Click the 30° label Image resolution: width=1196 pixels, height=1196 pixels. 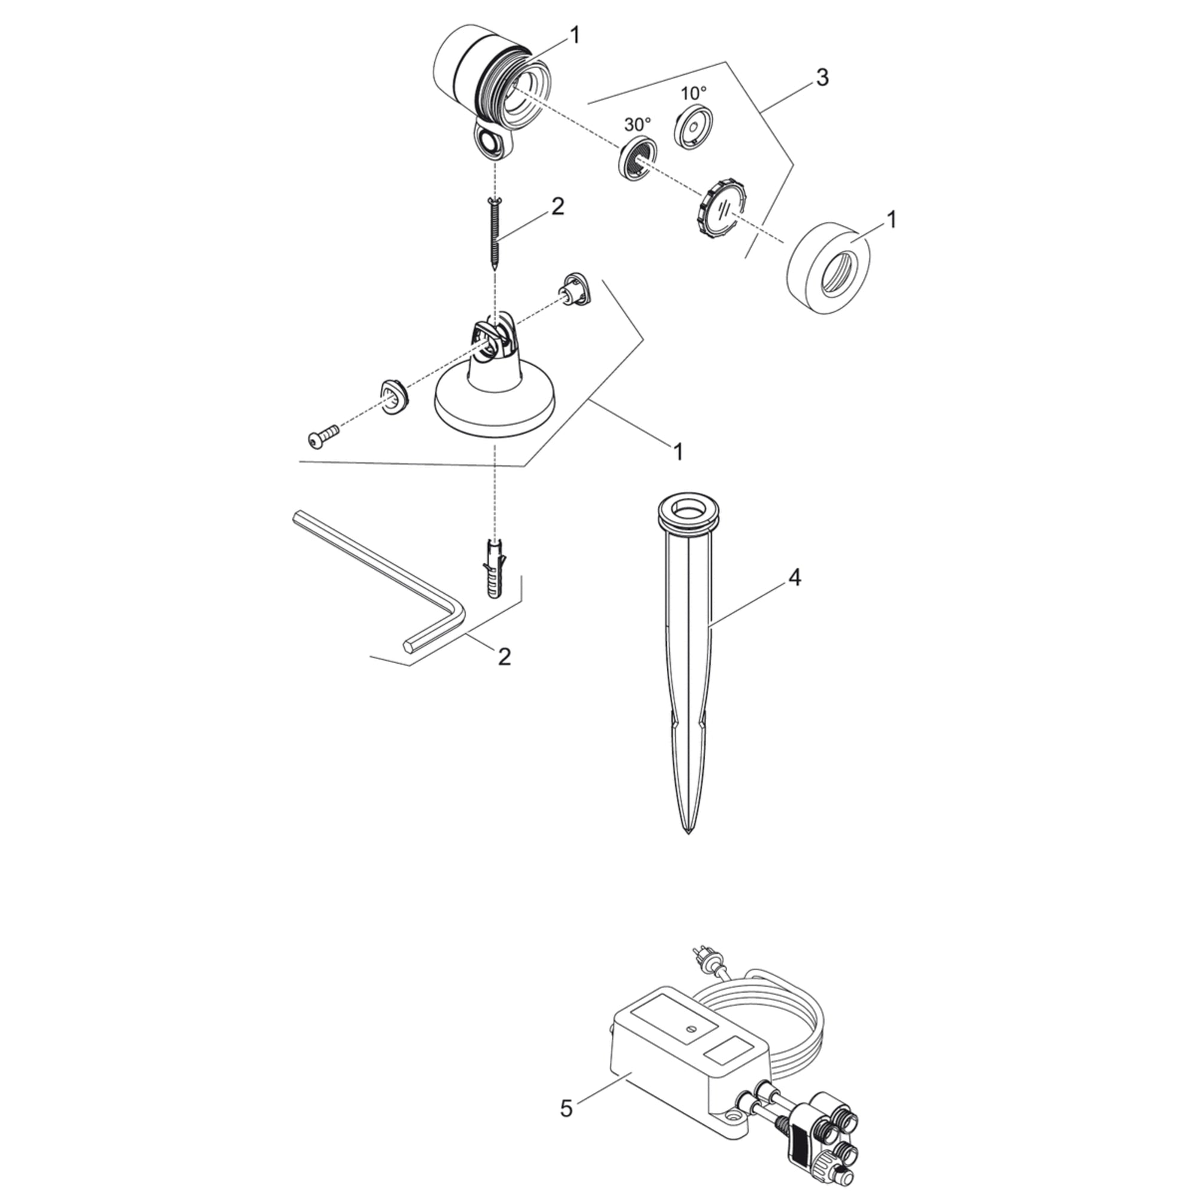coord(637,124)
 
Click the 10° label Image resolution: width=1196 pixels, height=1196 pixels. coord(693,93)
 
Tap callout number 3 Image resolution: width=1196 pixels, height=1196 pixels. coord(822,78)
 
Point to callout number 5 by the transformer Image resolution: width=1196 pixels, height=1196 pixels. coord(566,1107)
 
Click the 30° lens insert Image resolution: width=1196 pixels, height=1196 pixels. coord(637,160)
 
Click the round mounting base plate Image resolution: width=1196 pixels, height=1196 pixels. coord(495,408)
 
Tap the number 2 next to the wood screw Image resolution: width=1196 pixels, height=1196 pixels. coord(558,208)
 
